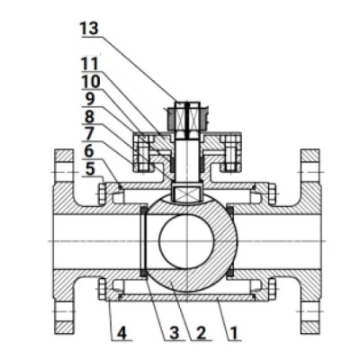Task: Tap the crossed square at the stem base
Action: [187, 193]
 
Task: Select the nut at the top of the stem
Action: [187, 118]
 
